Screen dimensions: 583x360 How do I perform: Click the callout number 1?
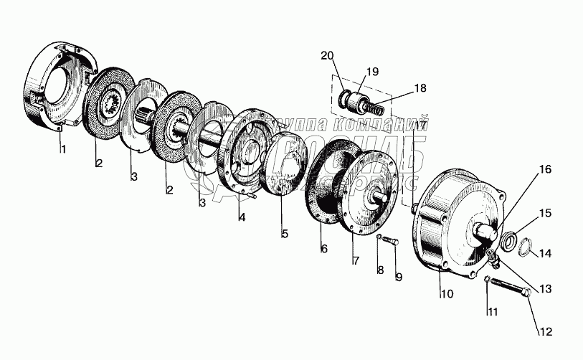(63, 150)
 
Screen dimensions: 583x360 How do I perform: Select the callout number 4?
(242, 218)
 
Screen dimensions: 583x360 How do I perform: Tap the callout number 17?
(420, 125)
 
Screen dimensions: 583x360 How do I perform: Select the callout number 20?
(327, 56)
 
